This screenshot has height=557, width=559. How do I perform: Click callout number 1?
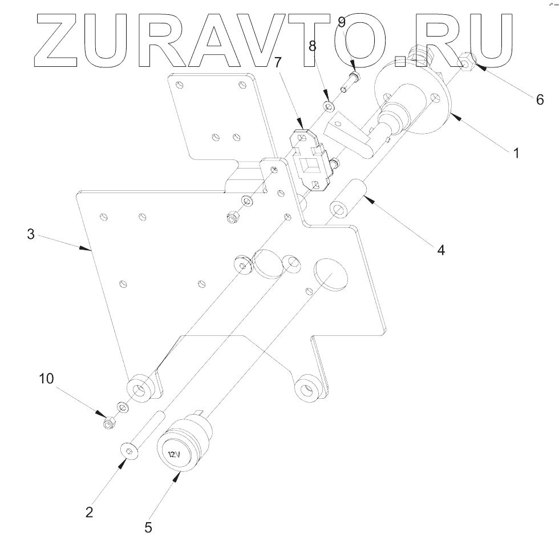(516, 153)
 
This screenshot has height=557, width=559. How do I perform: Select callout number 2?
(89, 511)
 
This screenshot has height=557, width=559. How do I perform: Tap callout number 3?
(31, 234)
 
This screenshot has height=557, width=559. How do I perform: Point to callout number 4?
(440, 249)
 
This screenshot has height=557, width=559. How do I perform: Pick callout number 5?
(148, 527)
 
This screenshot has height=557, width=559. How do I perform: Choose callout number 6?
(539, 99)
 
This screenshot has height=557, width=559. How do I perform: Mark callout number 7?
(278, 62)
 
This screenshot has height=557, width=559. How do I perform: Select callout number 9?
(341, 22)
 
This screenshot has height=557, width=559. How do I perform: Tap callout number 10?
(47, 378)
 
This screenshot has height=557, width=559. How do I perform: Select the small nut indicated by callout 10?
(109, 423)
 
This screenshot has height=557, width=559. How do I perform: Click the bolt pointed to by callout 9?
(349, 83)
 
